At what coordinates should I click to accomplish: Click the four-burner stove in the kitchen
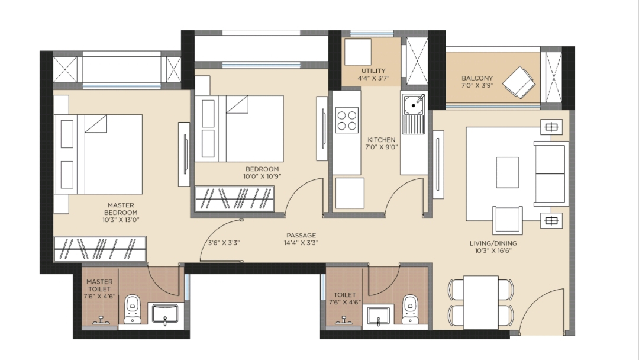tap(347, 120)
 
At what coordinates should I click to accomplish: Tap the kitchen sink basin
tap(413, 105)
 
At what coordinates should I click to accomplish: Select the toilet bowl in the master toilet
tap(132, 309)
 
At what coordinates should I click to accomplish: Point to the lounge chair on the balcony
tap(519, 82)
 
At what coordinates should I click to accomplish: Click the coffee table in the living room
tap(508, 172)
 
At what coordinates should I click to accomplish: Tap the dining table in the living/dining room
tap(481, 302)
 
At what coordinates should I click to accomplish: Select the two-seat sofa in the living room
tap(551, 173)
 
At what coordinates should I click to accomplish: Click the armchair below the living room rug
tap(508, 221)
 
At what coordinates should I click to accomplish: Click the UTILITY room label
tap(373, 70)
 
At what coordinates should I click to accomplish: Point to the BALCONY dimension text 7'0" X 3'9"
tap(477, 85)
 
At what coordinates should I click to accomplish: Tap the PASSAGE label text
tap(301, 235)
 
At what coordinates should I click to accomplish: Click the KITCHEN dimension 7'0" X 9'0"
tap(382, 147)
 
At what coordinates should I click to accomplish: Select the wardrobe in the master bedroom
tap(100, 248)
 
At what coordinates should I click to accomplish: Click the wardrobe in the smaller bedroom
tap(234, 198)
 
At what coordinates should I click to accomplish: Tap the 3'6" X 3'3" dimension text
tap(224, 243)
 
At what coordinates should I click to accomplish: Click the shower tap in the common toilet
tap(344, 320)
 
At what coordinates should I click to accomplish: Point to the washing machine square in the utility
tap(358, 52)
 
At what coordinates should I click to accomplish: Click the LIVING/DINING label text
tap(493, 243)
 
